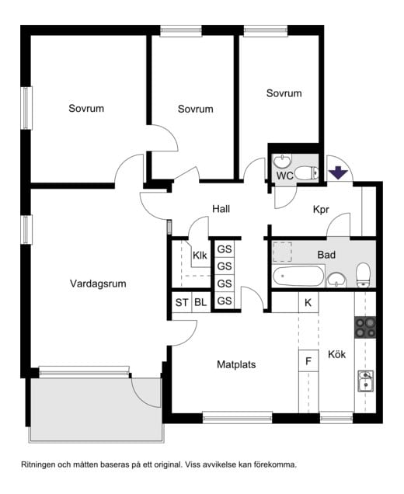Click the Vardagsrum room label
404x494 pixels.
click(97, 284)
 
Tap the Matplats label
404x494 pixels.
click(236, 364)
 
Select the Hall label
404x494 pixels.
click(221, 209)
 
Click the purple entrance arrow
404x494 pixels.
click(337, 171)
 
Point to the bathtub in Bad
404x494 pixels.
click(298, 276)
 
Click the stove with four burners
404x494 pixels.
click(365, 328)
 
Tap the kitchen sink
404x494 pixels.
click(365, 381)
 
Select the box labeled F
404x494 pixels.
click(308, 361)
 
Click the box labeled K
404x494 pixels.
click(308, 302)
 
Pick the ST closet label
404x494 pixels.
click(181, 302)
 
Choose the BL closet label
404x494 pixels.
click(200, 302)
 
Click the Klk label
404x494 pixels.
click(200, 255)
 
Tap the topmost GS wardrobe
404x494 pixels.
click(225, 249)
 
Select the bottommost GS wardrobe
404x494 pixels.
click(225, 301)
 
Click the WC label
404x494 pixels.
click(284, 176)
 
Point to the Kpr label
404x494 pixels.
click(322, 210)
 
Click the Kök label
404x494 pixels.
click(336, 355)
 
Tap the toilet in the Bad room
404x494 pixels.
click(362, 273)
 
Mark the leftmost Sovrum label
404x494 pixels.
click(85, 109)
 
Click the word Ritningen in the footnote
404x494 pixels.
click(40, 464)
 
